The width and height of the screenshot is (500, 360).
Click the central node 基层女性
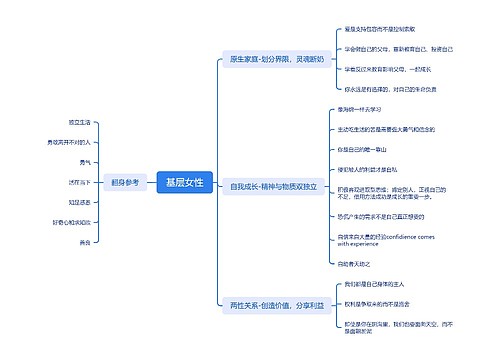pyautogui.click(x=184, y=182)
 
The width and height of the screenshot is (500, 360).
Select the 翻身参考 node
pyautogui.click(x=126, y=182)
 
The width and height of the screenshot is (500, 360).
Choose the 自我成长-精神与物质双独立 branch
pyautogui.click(x=273, y=186)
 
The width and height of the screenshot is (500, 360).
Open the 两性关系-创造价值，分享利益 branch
pyautogui.click(x=273, y=304)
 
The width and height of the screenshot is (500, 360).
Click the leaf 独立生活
pyautogui.click(x=79, y=122)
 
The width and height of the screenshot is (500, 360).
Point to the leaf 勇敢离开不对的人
pyautogui.click(x=70, y=142)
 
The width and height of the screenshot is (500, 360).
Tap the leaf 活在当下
pyautogui.click(x=80, y=182)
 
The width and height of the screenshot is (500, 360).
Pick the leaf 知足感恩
pyautogui.click(x=80, y=202)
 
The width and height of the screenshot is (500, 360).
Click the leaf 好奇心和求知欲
pyautogui.click(x=72, y=222)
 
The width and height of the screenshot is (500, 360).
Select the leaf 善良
pyautogui.click(x=85, y=242)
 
